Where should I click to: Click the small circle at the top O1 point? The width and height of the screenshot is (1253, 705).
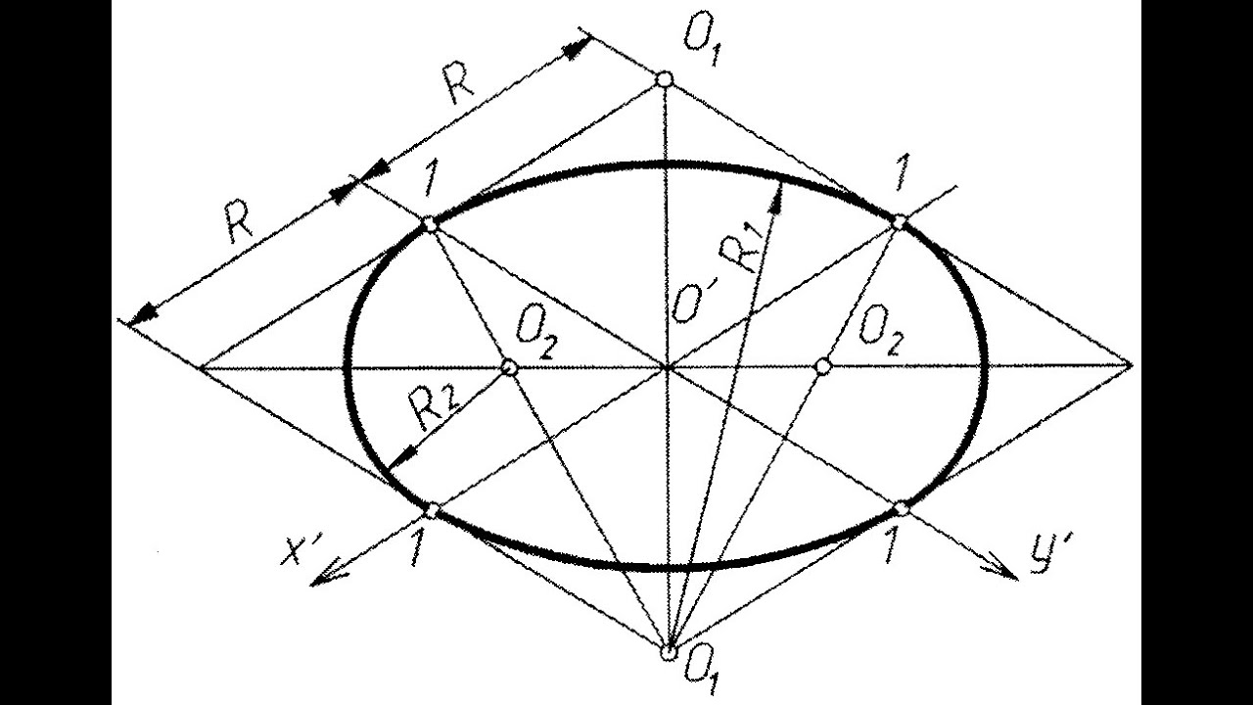(664, 78)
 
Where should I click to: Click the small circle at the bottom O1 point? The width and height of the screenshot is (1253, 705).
(669, 651)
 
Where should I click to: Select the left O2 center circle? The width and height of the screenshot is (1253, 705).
(509, 366)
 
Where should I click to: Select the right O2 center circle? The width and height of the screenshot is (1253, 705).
(823, 366)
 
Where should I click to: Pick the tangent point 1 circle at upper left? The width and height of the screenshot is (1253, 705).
(430, 225)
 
